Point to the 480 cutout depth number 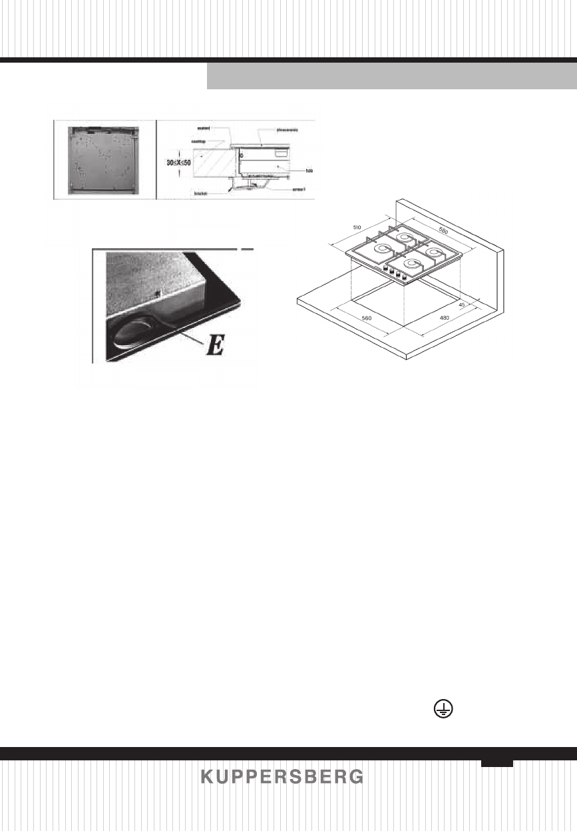point(445,318)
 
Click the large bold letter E point(214,347)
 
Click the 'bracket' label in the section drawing point(202,193)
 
